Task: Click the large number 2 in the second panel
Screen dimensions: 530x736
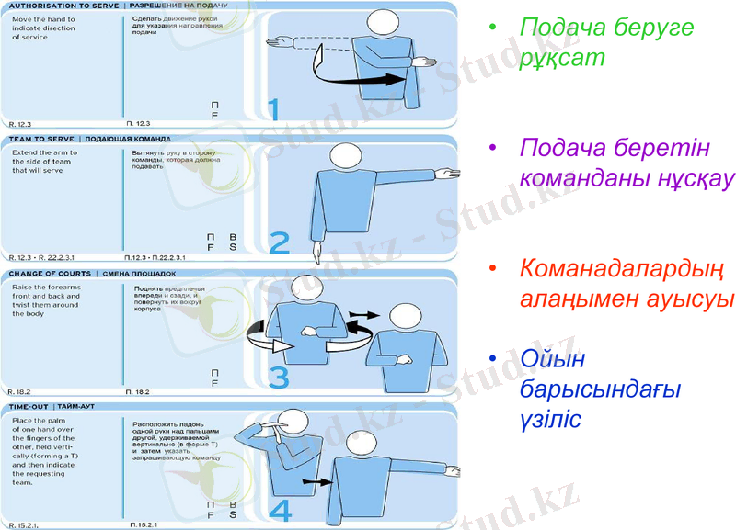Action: pyautogui.click(x=279, y=242)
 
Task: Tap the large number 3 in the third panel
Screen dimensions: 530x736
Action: pyautogui.click(x=279, y=377)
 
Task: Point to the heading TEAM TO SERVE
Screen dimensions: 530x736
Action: pyautogui.click(x=42, y=139)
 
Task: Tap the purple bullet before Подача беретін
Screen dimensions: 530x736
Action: pyautogui.click(x=494, y=148)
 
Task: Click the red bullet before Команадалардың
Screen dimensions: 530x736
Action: pyautogui.click(x=494, y=269)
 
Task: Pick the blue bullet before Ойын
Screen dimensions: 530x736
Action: pyautogui.click(x=494, y=357)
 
